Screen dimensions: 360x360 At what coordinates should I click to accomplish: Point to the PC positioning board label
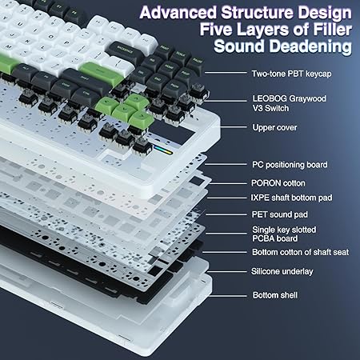click(x=290, y=165)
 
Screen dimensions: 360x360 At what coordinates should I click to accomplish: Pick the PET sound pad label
click(x=280, y=214)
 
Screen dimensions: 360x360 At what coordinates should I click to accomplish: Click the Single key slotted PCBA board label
click(x=283, y=234)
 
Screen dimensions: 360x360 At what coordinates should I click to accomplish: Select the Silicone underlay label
click(x=282, y=271)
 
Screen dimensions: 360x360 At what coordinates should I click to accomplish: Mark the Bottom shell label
click(x=275, y=295)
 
